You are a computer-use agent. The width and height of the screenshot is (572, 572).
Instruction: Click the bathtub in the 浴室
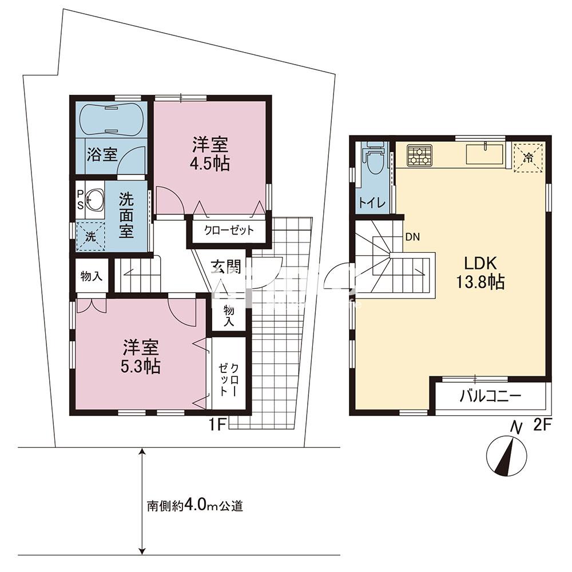tap(110, 120)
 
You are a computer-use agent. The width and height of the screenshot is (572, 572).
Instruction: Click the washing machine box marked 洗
tap(92, 235)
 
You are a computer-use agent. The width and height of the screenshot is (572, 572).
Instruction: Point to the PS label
tap(80, 199)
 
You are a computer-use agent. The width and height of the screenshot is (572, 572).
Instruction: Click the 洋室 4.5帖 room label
tap(210, 154)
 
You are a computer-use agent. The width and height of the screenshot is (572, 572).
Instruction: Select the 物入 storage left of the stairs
tap(92, 276)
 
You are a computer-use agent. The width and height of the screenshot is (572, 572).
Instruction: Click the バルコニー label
tap(489, 395)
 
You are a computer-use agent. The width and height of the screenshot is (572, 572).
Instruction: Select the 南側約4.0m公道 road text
tap(195, 506)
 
